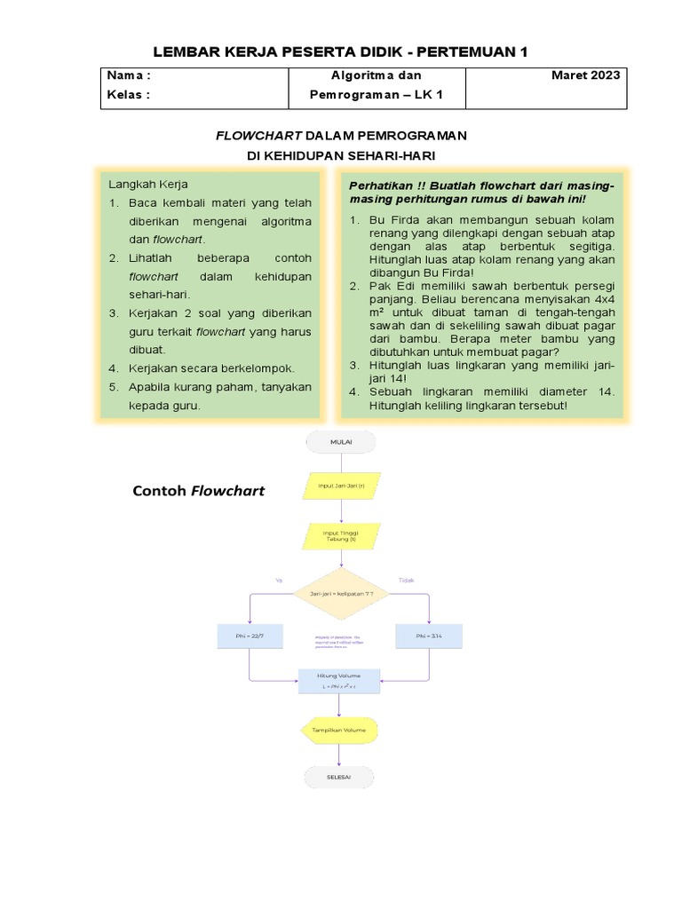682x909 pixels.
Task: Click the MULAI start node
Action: pos(341,442)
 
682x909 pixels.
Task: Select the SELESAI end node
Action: pos(341,777)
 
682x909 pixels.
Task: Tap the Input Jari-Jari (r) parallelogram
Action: pos(341,486)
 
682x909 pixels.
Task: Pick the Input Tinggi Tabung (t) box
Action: pos(341,535)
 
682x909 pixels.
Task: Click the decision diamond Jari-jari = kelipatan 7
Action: pos(341,593)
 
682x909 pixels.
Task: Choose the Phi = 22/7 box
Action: pos(250,636)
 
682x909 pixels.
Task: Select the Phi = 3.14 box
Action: pos(429,636)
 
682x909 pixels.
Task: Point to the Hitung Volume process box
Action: pos(341,681)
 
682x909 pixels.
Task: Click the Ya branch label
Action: pos(279,581)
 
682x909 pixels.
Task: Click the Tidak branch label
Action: pos(407,581)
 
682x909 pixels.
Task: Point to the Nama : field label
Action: pos(130,75)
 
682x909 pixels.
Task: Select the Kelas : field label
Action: pos(129,96)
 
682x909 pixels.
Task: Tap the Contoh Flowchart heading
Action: pos(198,491)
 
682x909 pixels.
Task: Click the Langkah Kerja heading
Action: pos(148,185)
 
